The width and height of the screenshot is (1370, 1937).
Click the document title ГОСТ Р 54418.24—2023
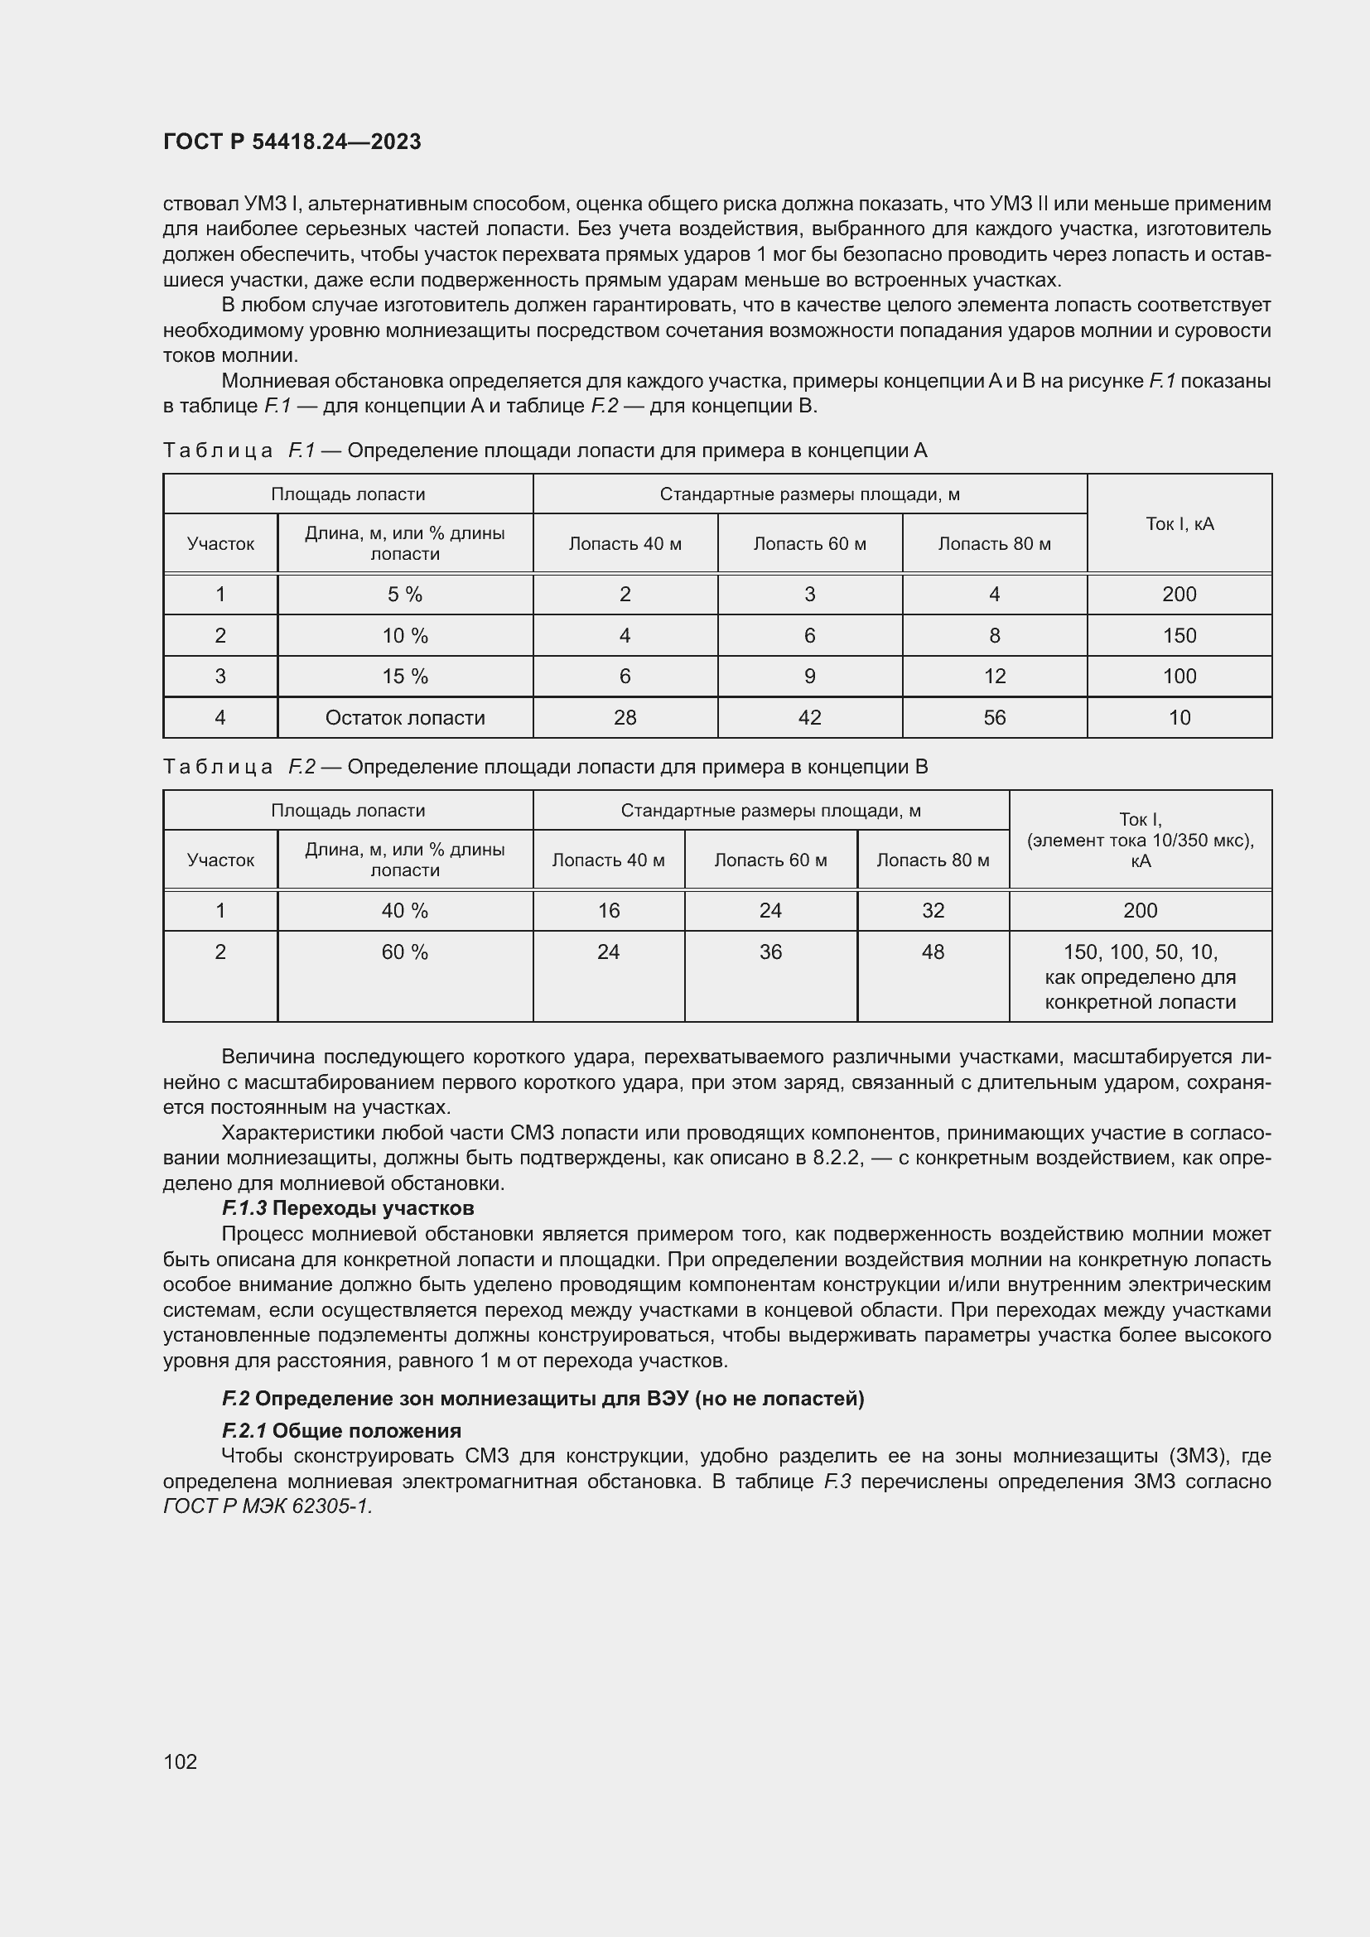292,142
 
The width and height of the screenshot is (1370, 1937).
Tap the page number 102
180,1761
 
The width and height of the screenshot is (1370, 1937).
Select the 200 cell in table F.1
1179,595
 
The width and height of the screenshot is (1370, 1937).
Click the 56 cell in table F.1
995,718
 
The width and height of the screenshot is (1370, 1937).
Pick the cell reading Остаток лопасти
405,718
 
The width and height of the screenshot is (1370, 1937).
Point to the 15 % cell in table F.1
405,677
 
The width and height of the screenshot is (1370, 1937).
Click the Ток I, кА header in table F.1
1179,524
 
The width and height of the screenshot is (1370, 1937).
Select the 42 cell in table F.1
809,718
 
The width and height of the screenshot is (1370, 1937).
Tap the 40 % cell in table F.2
405,911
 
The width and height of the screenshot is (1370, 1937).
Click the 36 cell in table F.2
770,952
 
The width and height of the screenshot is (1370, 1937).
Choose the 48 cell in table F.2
932,952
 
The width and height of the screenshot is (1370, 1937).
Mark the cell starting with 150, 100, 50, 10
1140,977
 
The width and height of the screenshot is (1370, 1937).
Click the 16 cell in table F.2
608,911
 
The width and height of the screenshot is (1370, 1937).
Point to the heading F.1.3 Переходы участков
348,1209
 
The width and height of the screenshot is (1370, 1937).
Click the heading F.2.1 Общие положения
340,1431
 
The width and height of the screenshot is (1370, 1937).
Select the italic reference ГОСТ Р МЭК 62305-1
268,1506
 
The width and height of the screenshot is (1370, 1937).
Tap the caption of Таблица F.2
545,767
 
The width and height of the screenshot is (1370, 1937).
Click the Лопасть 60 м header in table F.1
809,544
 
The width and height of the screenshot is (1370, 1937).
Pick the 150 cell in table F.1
1179,636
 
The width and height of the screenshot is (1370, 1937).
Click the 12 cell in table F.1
995,677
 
